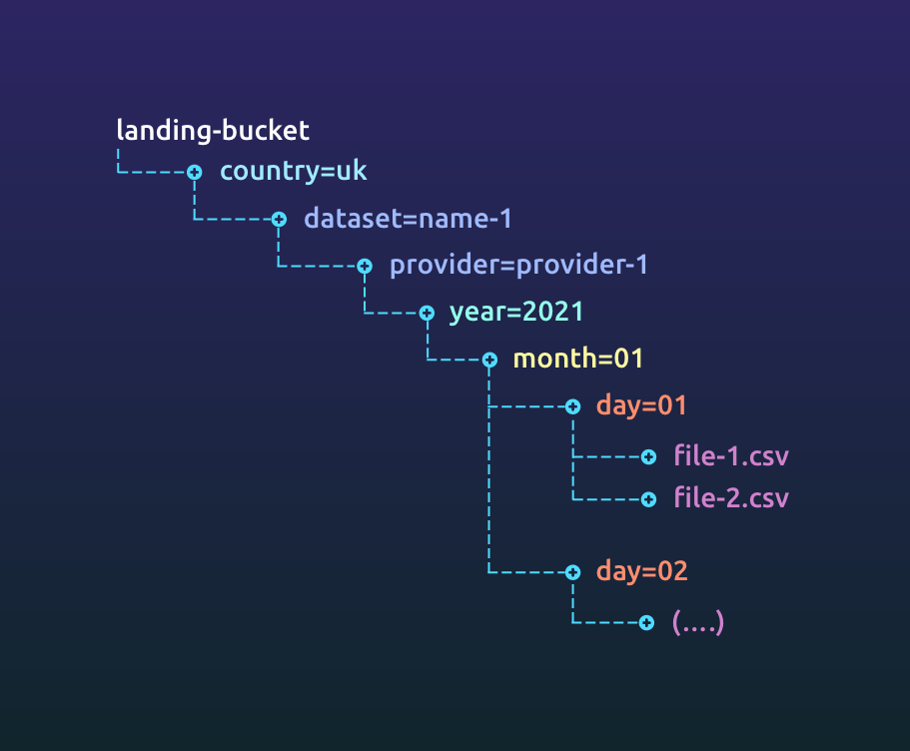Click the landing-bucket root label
213,130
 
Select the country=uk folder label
294,171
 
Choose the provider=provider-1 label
518,265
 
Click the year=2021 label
515,312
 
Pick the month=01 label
578,359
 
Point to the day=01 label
641,405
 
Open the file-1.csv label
731,456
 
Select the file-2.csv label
731,496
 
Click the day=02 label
642,571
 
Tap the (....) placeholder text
698,622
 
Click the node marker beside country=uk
195,172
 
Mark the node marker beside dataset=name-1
280,219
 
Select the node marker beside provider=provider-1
365,266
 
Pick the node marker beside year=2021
427,313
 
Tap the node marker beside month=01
489,360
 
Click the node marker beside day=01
572,406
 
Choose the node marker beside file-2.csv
648,497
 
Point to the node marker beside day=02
572,572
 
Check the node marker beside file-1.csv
648,456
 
